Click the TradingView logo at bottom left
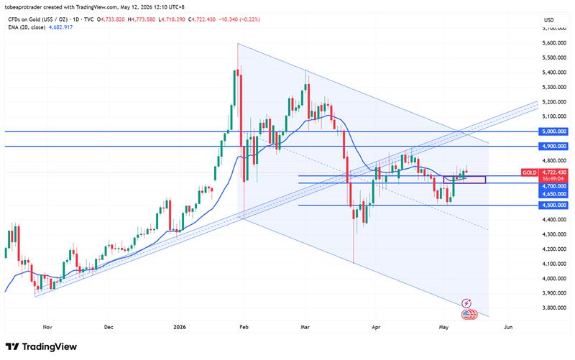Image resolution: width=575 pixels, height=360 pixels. (x=41, y=346)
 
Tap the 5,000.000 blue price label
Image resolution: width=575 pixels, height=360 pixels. (x=553, y=131)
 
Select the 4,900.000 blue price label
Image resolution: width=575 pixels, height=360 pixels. (x=553, y=147)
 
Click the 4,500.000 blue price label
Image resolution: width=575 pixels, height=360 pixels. (x=553, y=205)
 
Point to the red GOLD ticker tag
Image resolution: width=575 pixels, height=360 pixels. (x=530, y=172)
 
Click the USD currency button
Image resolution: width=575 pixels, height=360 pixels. (x=548, y=20)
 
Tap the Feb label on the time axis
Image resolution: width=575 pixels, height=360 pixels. (x=244, y=327)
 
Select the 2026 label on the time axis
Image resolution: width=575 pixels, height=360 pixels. (x=180, y=327)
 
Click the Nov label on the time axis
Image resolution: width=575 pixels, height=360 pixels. (x=47, y=327)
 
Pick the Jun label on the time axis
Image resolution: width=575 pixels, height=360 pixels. (x=508, y=327)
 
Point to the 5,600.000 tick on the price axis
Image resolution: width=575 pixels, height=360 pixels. (x=553, y=43)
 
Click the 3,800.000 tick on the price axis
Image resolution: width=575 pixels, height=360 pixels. (x=553, y=308)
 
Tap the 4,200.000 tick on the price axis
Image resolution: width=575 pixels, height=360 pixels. (x=553, y=249)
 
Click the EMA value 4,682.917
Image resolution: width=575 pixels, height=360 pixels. (x=60, y=27)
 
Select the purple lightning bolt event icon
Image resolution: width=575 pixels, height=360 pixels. (x=466, y=303)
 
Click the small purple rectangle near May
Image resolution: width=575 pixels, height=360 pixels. (x=464, y=180)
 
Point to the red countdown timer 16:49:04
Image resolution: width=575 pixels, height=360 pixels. (x=553, y=178)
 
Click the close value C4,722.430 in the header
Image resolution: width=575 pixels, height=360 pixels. (x=202, y=19)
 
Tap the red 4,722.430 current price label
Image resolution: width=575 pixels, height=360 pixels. (x=553, y=172)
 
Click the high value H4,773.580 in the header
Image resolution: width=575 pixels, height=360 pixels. (x=142, y=19)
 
